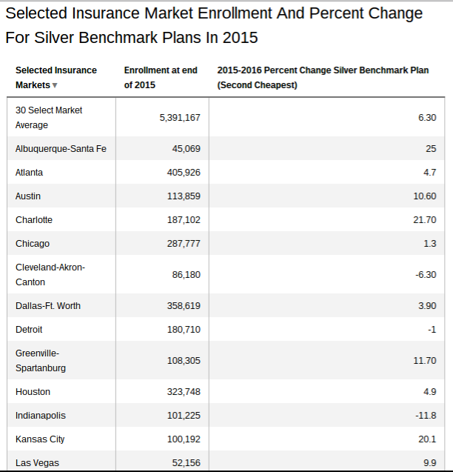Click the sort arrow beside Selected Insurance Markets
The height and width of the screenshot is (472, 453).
(55, 85)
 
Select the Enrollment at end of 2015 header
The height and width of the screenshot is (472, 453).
(161, 78)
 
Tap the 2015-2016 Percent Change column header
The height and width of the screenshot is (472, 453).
(323, 78)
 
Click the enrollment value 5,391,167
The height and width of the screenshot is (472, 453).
(180, 117)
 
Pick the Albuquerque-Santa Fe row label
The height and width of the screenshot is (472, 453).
(61, 149)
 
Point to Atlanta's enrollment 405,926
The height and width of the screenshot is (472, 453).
(184, 173)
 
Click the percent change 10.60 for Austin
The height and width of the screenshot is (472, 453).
(425, 196)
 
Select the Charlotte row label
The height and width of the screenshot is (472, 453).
(34, 220)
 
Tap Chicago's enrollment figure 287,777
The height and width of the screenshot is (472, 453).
(184, 244)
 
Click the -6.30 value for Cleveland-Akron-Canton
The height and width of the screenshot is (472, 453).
(426, 275)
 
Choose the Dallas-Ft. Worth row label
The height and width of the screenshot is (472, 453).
(48, 306)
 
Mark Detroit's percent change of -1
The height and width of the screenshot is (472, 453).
(432, 330)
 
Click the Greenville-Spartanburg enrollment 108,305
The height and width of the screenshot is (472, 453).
(184, 361)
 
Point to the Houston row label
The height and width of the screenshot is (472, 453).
(33, 392)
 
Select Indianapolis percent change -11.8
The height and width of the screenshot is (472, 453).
(426, 416)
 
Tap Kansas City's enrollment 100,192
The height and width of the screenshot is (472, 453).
(184, 439)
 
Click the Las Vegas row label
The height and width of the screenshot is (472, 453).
(37, 463)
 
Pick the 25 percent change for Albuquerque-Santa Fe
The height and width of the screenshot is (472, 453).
(431, 149)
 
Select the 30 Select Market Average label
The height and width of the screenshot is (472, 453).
(49, 118)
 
